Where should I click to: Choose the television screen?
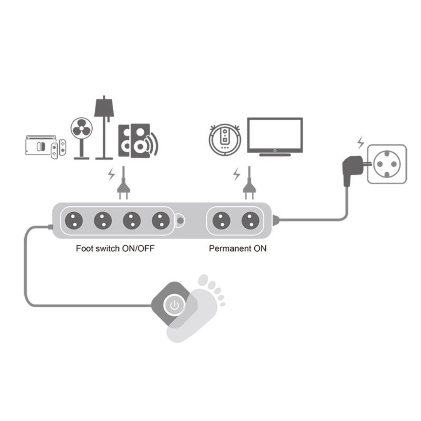[x=274, y=134]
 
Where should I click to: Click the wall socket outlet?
[x=387, y=164]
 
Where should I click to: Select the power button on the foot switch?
[x=174, y=304]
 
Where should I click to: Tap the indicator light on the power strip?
[x=180, y=220]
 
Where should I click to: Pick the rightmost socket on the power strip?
[x=250, y=220]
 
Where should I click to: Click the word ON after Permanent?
[x=260, y=248]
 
